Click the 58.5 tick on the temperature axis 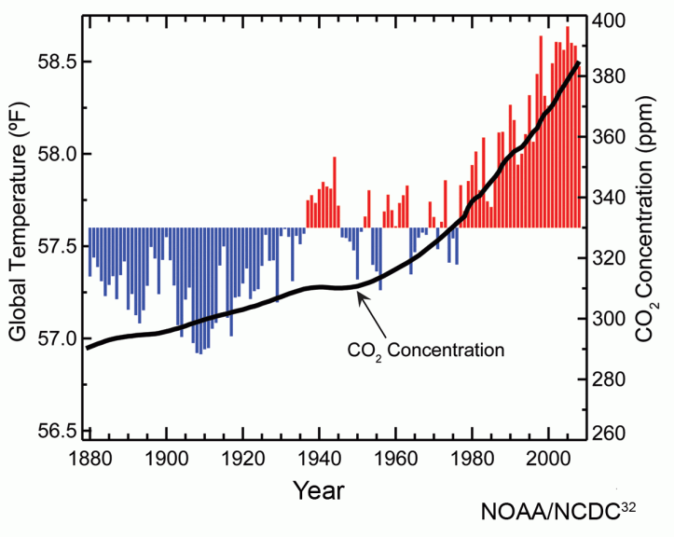point(59,62)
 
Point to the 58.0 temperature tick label point(59,154)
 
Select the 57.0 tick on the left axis point(59,338)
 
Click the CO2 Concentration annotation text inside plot point(425,351)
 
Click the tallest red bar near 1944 point(334,191)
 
